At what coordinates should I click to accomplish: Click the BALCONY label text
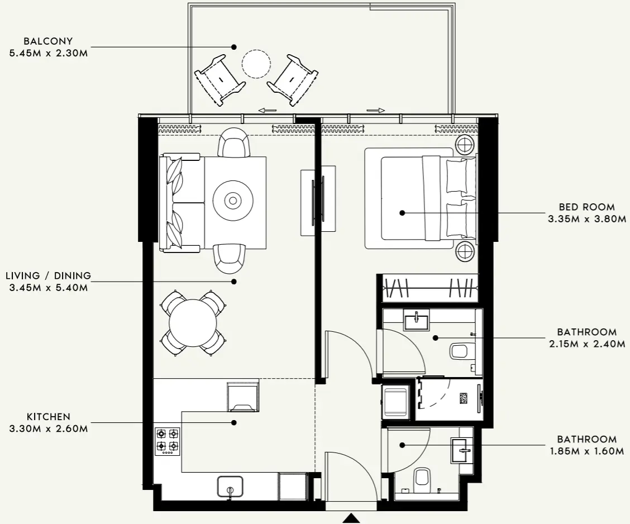(49, 41)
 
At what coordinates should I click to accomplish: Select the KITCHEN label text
(49, 417)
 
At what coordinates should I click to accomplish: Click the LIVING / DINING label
(49, 276)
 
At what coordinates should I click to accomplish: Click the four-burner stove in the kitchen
(168, 440)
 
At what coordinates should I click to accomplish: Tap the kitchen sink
(230, 487)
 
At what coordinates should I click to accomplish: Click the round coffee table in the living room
(233, 199)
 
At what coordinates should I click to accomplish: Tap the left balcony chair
(219, 80)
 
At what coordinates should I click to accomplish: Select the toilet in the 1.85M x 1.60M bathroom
(423, 478)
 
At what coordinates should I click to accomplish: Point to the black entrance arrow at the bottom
(351, 519)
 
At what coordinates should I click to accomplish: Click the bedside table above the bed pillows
(464, 145)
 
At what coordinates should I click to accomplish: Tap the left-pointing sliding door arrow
(268, 111)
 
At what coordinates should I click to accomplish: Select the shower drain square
(464, 398)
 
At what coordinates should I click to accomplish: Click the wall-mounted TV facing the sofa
(322, 199)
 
